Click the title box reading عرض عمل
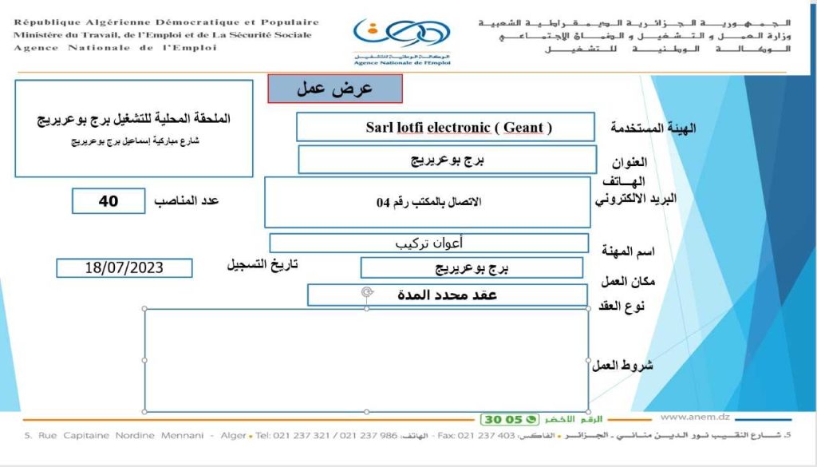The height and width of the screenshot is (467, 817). coord(335,89)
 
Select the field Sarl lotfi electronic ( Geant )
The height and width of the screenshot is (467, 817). coord(445,127)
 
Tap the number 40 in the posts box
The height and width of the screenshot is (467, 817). coord(109,201)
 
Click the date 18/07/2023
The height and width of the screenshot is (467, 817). coord(124,268)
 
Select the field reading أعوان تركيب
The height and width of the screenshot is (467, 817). coord(428,243)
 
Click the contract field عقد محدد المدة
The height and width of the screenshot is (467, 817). coord(447,295)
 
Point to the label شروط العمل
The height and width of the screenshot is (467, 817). coord(622,365)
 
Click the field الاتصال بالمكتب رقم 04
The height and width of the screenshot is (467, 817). coord(428,202)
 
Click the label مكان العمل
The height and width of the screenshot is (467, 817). coord(623,280)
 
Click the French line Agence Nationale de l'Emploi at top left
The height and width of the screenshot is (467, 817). coord(115,48)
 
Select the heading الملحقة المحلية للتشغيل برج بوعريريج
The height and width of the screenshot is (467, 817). coord(134,118)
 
